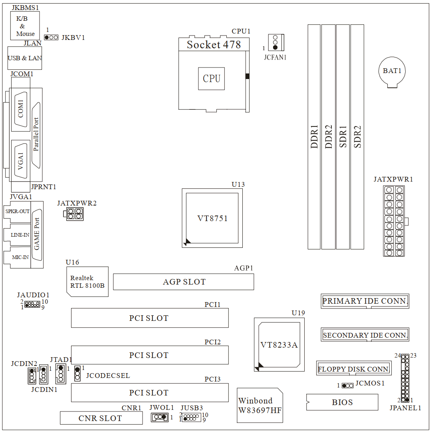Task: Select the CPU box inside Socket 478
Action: point(212,79)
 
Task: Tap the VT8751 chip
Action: point(212,218)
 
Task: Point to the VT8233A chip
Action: point(279,344)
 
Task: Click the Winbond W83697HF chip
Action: point(260,405)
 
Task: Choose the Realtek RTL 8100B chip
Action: point(87,281)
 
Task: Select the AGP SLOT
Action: point(184,282)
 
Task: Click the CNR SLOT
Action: point(101,418)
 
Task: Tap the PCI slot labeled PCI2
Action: point(150,355)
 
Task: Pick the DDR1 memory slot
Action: point(314,136)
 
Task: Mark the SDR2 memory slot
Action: point(357,136)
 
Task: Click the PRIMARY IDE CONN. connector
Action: point(365,301)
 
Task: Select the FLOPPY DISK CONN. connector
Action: point(354,369)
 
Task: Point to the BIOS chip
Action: point(342,402)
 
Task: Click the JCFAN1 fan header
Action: point(275,42)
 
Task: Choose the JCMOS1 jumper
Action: point(348,386)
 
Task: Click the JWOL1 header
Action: point(160,417)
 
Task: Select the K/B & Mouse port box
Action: point(25,26)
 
